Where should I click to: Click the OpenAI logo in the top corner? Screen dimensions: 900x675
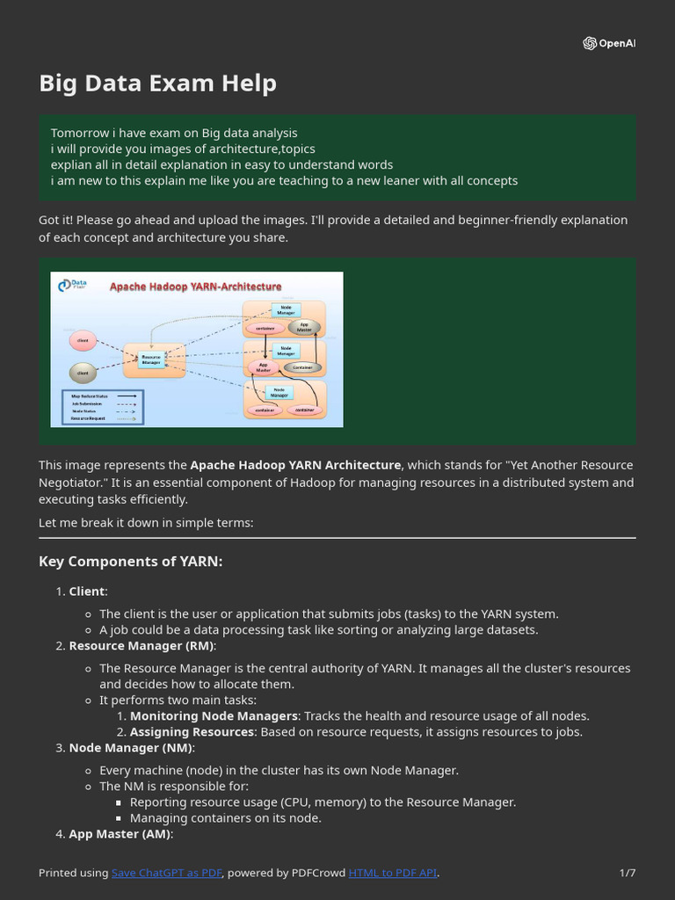click(608, 44)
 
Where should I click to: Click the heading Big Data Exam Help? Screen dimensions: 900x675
click(157, 83)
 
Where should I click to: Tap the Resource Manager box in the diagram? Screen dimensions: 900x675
click(151, 359)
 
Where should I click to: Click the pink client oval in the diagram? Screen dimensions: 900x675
click(83, 340)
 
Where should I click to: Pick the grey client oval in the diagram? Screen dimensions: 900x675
click(83, 373)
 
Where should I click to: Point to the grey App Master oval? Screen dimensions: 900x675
click(304, 327)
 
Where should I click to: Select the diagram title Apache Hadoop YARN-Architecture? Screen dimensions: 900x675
click(195, 287)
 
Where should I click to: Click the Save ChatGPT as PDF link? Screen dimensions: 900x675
click(167, 873)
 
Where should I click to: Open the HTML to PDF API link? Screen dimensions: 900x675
click(392, 873)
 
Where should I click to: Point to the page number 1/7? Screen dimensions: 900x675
click(627, 873)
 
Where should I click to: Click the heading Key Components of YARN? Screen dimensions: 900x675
click(130, 561)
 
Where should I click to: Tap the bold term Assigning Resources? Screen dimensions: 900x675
click(192, 731)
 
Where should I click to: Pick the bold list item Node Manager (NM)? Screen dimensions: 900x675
click(131, 747)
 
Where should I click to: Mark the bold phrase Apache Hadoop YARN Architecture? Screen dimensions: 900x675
click(295, 465)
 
